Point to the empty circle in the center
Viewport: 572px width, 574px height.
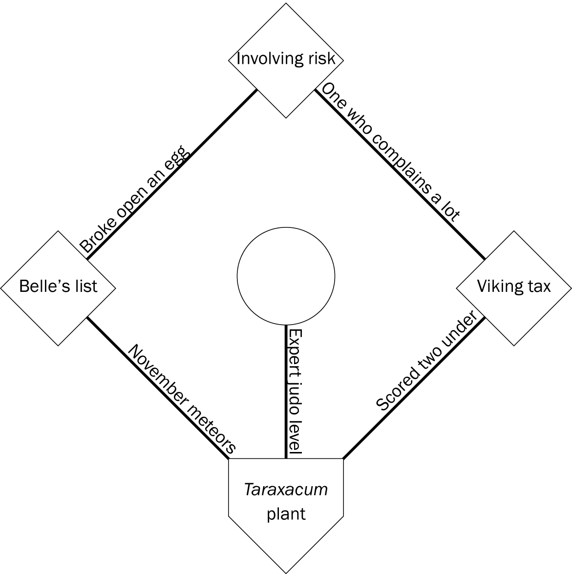286,276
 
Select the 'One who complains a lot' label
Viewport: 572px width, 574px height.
390,152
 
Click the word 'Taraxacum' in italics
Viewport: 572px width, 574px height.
286,490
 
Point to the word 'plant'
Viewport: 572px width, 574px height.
286,513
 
